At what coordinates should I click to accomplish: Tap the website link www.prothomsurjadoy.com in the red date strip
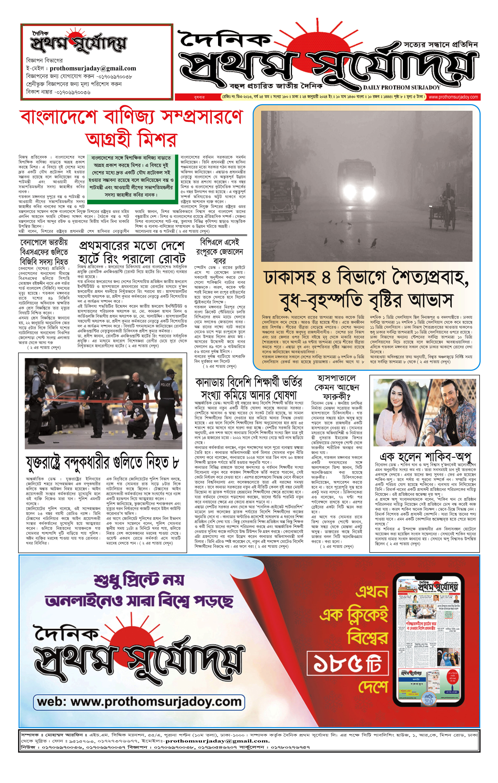[453, 97]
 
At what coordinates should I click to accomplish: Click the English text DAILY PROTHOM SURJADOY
[401, 88]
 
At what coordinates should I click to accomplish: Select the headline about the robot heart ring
[132, 252]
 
